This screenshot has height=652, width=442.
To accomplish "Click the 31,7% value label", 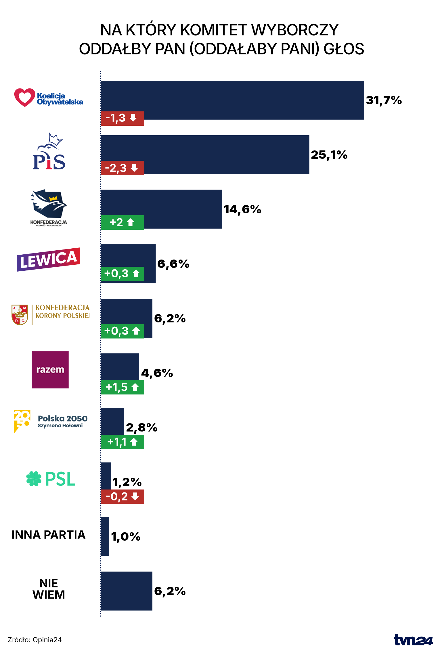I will click(x=384, y=100).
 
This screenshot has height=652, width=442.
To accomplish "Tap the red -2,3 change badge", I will click(x=122, y=168).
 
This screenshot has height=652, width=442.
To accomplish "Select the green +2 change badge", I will click(x=122, y=222).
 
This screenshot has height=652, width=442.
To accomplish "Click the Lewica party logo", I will click(x=48, y=260).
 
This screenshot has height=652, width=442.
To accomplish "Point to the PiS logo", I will click(x=49, y=152).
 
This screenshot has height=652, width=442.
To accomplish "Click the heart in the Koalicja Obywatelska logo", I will click(x=24, y=97).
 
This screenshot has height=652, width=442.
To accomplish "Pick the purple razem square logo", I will click(x=50, y=369).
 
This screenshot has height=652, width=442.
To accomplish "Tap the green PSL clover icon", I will click(x=34, y=479).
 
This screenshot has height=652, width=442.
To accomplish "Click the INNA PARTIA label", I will click(x=49, y=535).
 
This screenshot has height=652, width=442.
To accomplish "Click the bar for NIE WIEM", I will click(x=127, y=591).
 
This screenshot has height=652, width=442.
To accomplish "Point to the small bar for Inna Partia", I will click(x=105, y=536).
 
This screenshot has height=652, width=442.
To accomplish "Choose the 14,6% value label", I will click(x=242, y=209).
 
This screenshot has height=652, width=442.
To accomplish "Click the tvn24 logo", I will click(x=413, y=640).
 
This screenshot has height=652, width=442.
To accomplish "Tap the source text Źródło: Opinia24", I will click(x=35, y=640).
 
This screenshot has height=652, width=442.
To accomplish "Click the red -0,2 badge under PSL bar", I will click(x=122, y=496).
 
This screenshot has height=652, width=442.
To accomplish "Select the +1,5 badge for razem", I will click(x=122, y=387).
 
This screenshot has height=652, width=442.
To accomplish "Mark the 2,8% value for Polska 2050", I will click(x=142, y=427).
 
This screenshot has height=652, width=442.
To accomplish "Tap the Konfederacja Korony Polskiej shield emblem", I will click(x=20, y=315).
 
